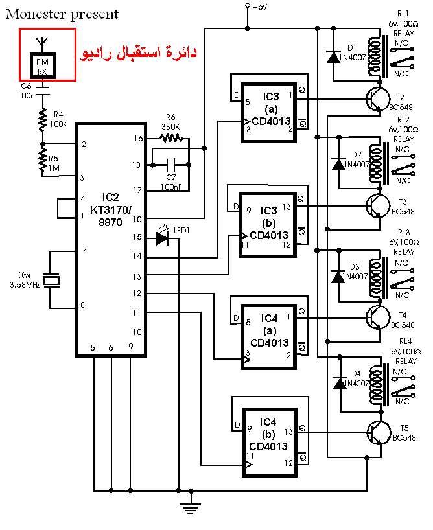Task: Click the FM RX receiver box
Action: point(42,66)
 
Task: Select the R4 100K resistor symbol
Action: point(42,120)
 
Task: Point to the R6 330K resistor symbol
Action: point(171,138)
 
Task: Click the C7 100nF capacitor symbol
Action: point(171,165)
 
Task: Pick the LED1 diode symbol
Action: point(163,238)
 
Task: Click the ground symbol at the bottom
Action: point(191,508)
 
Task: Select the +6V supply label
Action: point(260,6)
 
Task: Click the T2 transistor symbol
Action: point(378,99)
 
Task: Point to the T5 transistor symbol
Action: point(379,433)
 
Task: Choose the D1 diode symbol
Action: point(334,57)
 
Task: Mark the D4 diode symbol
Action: point(340,384)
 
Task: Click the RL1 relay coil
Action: point(374,57)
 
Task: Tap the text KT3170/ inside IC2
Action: point(111,210)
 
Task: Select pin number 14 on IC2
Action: point(137,256)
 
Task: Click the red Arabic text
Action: point(138,53)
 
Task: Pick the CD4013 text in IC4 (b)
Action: point(268,446)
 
